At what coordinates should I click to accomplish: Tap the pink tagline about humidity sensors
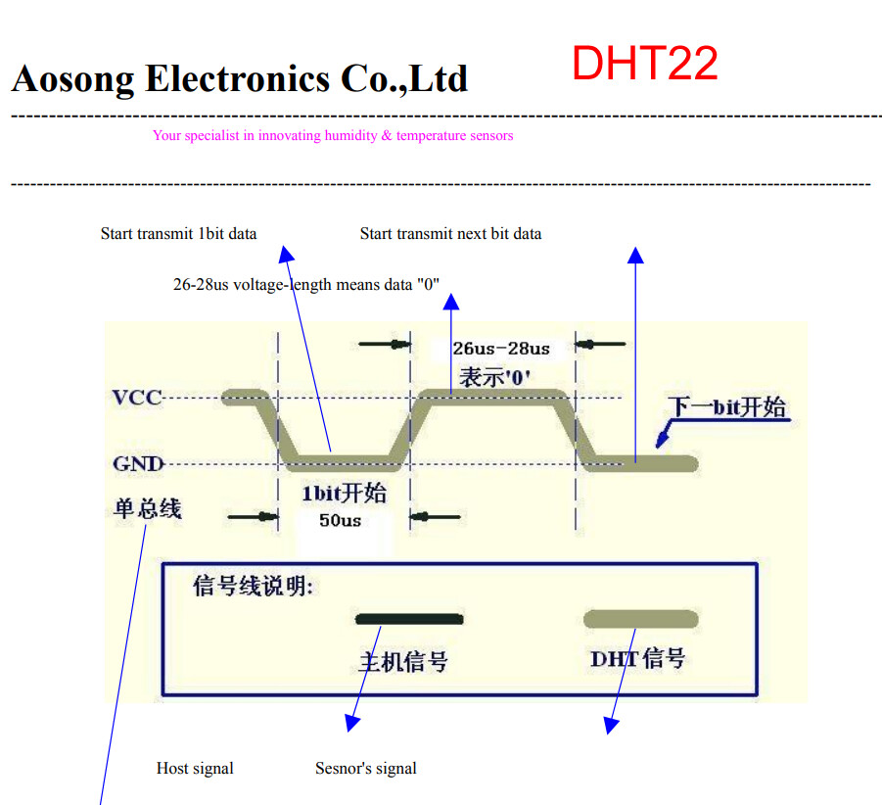[x=333, y=136]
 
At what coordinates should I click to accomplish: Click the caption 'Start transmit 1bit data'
[x=178, y=234]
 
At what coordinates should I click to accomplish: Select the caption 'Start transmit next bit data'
[x=450, y=234]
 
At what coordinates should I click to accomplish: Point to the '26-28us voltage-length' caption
[x=306, y=285]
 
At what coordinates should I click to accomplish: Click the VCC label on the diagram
[x=136, y=398]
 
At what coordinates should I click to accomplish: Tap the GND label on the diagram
[x=137, y=464]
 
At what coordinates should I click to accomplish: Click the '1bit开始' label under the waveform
[x=343, y=493]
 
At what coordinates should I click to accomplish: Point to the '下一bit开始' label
[x=727, y=407]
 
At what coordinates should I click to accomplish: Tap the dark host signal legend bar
[x=409, y=619]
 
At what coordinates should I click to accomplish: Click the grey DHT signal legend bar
[x=640, y=619]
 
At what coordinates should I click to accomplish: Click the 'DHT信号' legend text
[x=637, y=658]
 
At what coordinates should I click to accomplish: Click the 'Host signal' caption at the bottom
[x=195, y=769]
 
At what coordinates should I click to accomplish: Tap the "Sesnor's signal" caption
[x=365, y=769]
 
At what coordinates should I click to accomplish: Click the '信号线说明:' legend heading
[x=253, y=587]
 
